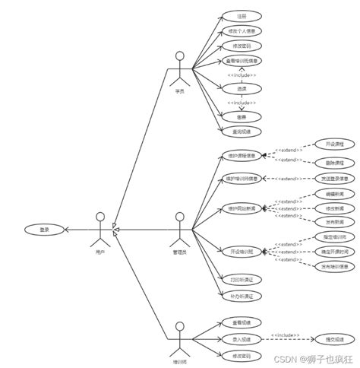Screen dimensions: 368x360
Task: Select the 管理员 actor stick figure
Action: coord(180,225)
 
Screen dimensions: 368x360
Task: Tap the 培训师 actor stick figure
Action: coord(180,335)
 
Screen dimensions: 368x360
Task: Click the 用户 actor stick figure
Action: coord(100,225)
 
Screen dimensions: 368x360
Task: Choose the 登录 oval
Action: coord(43,228)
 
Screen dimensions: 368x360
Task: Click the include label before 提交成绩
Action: coord(289,335)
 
